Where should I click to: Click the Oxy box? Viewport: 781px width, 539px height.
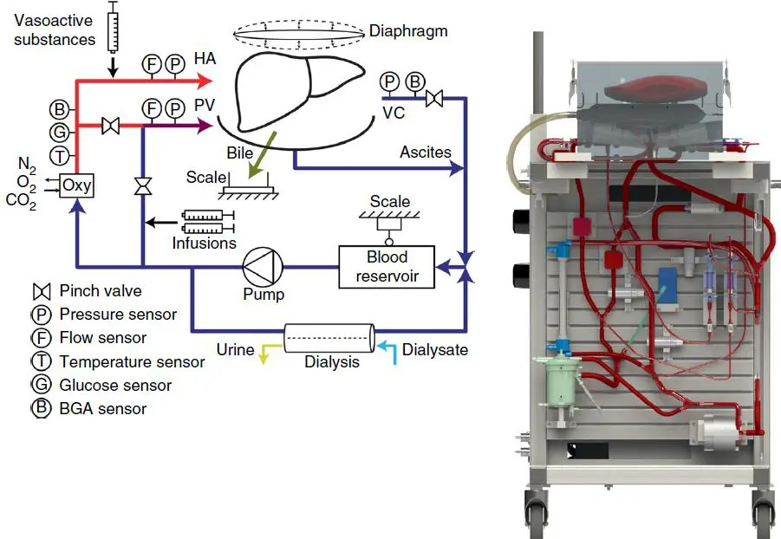pos(77,185)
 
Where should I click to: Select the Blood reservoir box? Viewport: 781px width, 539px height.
pos(387,266)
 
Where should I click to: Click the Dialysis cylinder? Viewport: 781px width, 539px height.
pos(330,336)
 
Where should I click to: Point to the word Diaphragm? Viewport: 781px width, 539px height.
pos(409,30)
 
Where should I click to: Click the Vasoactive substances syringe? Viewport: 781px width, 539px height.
pos(112,28)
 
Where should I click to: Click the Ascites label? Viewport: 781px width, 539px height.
pos(425,153)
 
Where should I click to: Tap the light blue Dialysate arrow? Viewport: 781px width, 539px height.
pos(387,347)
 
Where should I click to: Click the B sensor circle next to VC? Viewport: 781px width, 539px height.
pos(414,81)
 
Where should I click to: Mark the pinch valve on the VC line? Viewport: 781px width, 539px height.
pos(437,100)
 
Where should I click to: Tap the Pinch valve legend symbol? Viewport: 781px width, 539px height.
pos(41,290)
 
